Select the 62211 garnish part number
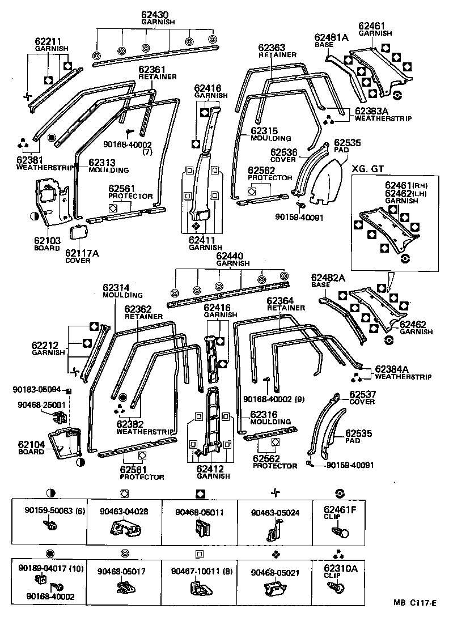click(x=48, y=41)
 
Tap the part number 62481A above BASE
click(x=331, y=37)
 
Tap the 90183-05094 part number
click(x=37, y=389)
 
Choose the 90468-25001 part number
click(x=37, y=405)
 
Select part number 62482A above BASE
click(x=328, y=277)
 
